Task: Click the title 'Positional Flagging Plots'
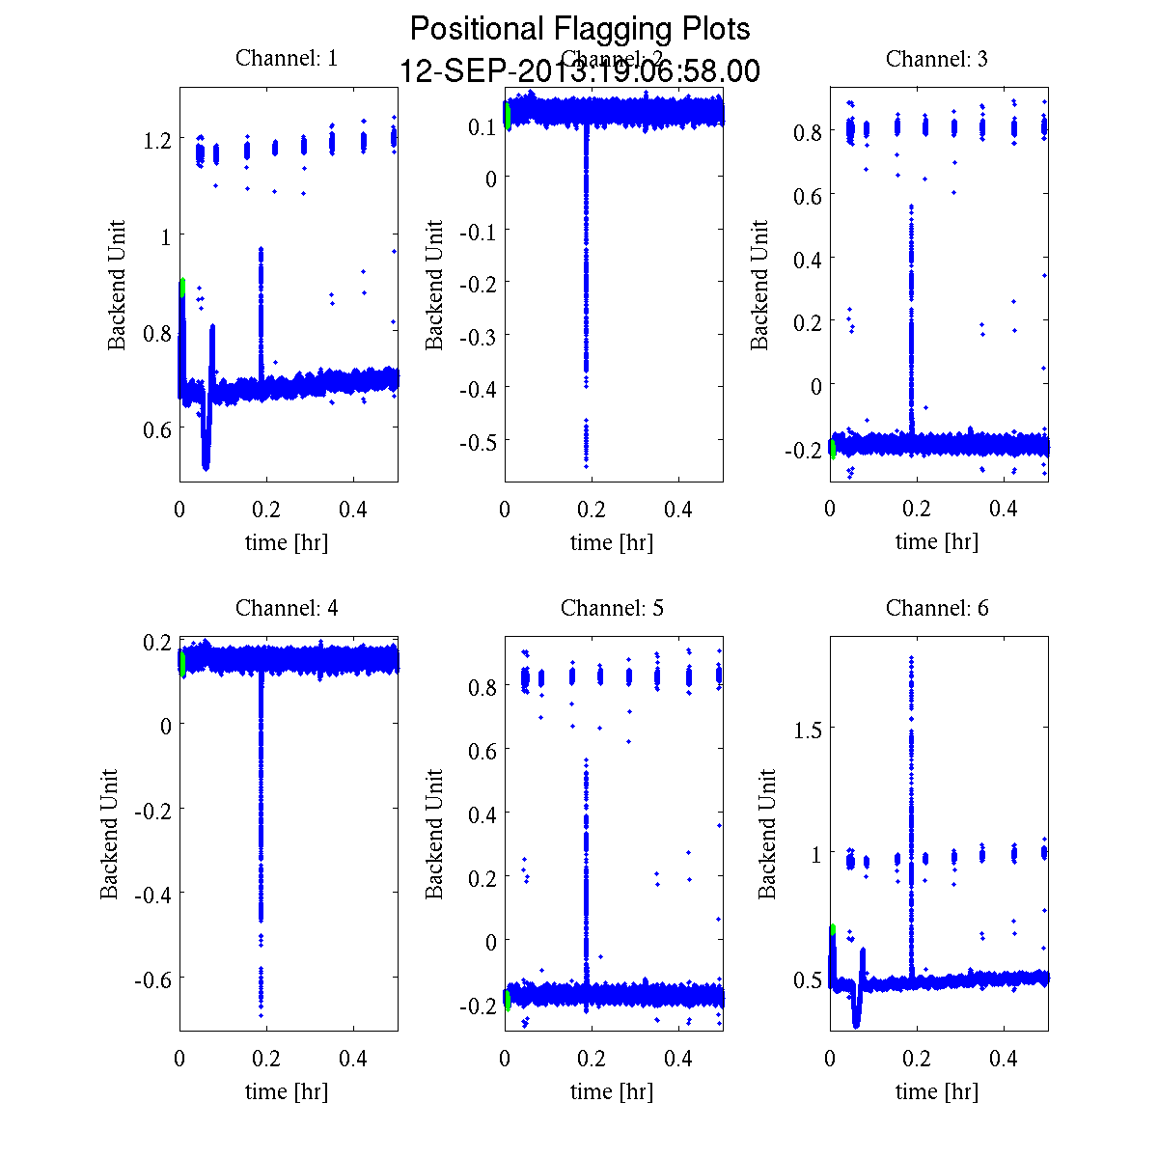coord(580,29)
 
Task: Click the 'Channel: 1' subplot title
coord(287,59)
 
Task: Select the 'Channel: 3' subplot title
coord(937,59)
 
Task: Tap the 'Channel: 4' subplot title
coord(287,608)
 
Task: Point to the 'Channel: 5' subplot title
coord(612,608)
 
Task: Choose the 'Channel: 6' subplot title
coord(937,608)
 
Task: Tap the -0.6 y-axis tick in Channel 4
coord(151,979)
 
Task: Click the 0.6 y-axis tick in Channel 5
coord(482,751)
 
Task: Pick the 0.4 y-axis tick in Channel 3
coord(808,259)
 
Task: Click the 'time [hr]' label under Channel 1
coord(287,542)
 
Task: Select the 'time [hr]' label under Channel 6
coord(937,1091)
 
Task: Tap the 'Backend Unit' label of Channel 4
coord(110,834)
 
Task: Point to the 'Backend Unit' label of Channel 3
coord(760,285)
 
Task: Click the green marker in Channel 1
coord(181,288)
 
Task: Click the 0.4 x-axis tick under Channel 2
coord(678,510)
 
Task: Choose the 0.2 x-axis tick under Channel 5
coord(592,1059)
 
